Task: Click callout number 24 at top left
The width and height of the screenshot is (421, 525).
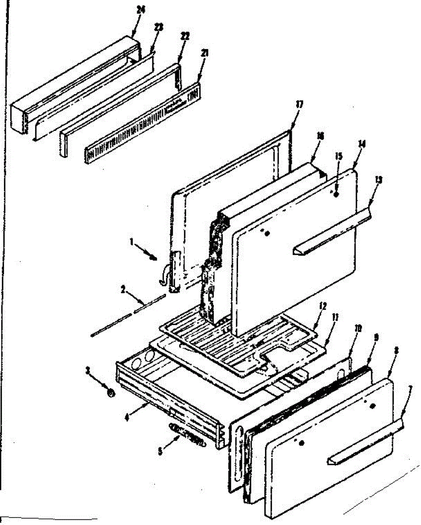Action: pyautogui.click(x=140, y=19)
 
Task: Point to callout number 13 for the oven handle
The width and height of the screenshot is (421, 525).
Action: pyautogui.click(x=378, y=179)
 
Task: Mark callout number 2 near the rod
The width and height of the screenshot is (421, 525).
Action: pyautogui.click(x=123, y=289)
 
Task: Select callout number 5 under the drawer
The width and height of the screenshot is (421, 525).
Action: pyautogui.click(x=161, y=451)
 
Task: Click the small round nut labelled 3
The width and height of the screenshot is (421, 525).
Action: pyautogui.click(x=111, y=394)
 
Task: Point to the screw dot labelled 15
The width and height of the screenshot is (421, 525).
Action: pyautogui.click(x=336, y=195)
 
